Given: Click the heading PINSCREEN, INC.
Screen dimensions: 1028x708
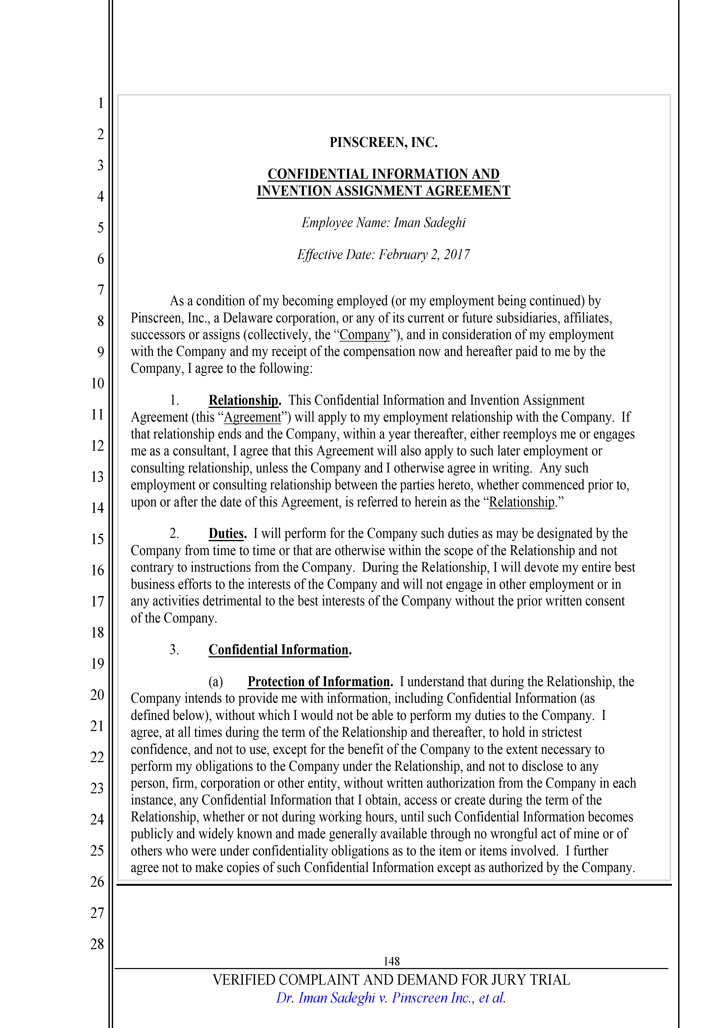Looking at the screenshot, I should click(x=383, y=143).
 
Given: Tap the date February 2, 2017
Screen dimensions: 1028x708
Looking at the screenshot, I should click(x=424, y=254).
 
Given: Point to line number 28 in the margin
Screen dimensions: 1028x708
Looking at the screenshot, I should click(x=97, y=944).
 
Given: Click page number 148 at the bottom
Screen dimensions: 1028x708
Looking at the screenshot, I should click(x=391, y=962).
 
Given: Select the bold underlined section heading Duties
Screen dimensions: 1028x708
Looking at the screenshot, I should click(x=227, y=533).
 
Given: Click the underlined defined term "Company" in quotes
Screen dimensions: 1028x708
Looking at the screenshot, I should click(x=365, y=335).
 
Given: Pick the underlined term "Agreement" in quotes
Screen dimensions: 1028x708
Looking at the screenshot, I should click(x=252, y=417).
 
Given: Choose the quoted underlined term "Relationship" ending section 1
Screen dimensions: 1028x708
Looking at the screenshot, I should click(x=522, y=502).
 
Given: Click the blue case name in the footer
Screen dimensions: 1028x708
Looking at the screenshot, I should click(x=391, y=998).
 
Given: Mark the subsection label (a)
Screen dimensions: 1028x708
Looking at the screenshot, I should click(x=216, y=682).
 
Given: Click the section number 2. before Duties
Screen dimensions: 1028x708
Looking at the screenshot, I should click(x=174, y=533).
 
